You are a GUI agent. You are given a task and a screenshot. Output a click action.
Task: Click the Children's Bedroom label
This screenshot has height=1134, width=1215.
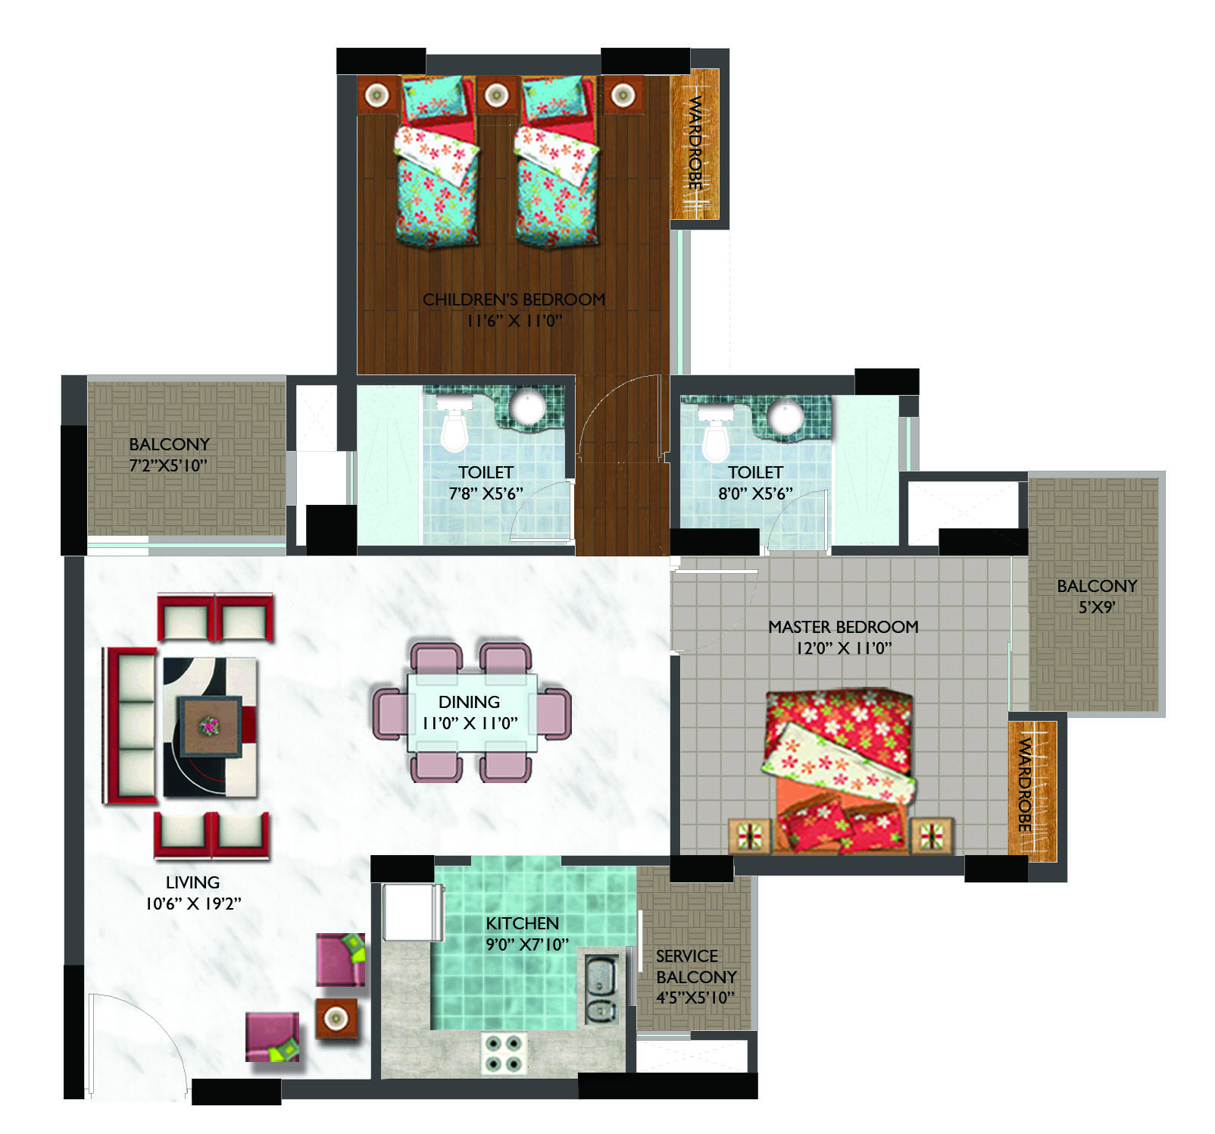514,299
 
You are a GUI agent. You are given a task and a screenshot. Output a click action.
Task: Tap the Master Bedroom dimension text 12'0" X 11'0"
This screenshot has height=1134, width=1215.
843,648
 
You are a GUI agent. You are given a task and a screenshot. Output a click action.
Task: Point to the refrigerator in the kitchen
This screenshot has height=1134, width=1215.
412,911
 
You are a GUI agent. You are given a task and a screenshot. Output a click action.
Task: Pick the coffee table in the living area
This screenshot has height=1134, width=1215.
211,727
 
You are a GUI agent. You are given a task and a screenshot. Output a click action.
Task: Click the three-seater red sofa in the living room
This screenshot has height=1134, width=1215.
130,725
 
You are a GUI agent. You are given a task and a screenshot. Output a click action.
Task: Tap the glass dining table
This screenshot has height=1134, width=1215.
472,713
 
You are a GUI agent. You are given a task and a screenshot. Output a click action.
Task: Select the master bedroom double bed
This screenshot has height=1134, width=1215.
840,769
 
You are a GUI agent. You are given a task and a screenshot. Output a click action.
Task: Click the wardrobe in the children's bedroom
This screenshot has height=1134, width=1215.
695,145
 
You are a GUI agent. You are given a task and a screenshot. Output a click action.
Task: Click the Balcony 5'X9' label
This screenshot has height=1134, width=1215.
1097,596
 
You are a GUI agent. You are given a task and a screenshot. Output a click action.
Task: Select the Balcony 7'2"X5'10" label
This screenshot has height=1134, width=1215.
169,455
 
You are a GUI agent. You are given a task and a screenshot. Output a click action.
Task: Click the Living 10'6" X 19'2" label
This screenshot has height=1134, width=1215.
193,892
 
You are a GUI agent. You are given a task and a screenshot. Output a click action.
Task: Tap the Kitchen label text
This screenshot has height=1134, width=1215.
522,923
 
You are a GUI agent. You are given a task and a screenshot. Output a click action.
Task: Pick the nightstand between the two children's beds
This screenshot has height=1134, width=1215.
496,95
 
